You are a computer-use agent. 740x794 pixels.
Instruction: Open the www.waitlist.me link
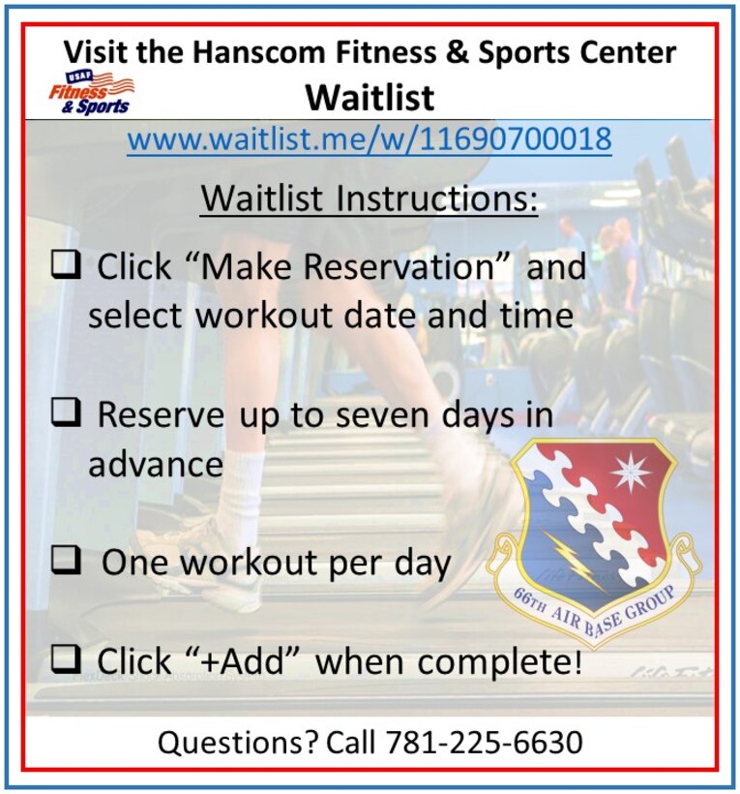[370, 138]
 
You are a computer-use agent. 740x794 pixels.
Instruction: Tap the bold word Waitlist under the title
[370, 97]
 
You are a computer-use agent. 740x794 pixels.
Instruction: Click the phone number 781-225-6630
[484, 743]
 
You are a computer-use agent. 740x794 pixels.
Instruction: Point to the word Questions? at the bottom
[238, 743]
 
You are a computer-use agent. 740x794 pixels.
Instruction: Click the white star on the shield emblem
[629, 473]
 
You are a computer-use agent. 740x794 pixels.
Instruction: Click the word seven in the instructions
[390, 415]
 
